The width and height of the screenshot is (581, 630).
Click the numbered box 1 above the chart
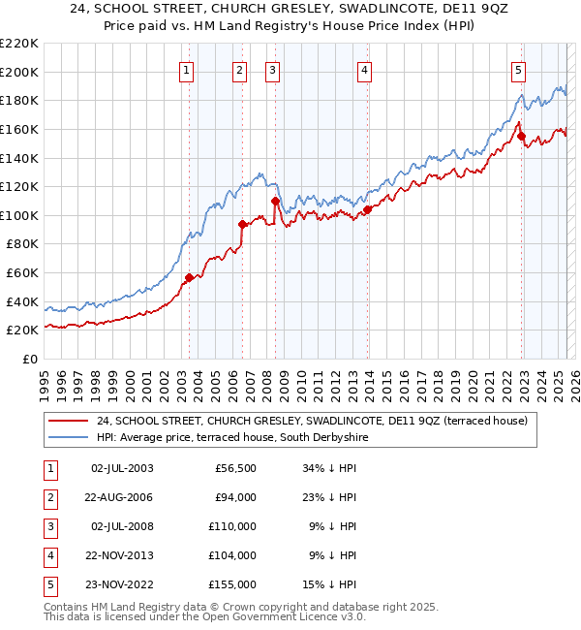[185, 70]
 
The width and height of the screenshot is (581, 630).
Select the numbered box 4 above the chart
[364, 70]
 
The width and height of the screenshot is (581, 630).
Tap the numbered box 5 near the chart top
[519, 70]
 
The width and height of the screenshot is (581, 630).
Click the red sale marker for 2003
[189, 277]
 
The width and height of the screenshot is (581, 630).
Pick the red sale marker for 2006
[242, 224]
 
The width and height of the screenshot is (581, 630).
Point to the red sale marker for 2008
[275, 202]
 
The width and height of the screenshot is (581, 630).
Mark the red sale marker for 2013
[368, 209]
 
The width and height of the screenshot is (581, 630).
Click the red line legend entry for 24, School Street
[311, 421]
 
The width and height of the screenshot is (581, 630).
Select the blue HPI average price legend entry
[232, 437]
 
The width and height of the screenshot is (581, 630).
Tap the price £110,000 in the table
[235, 526]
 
